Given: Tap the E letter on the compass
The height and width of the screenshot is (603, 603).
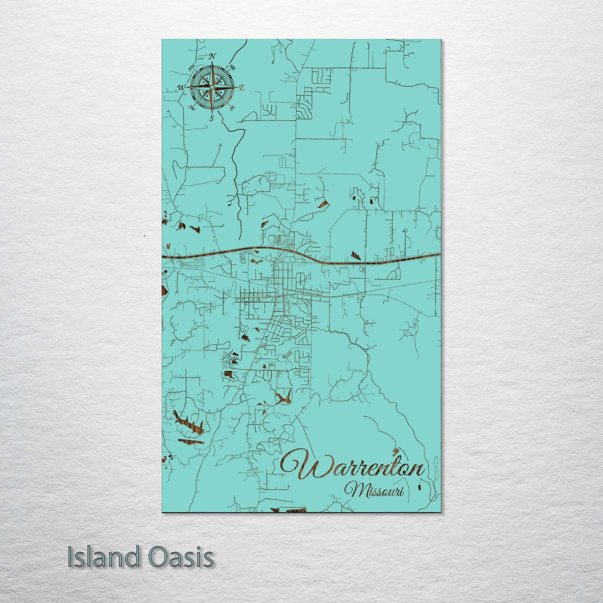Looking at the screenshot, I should click(241, 88).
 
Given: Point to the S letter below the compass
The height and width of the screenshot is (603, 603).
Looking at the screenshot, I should click(212, 118).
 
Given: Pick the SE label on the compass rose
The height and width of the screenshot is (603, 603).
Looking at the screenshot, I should click(232, 107).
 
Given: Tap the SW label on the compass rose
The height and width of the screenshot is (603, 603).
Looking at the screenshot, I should click(192, 107).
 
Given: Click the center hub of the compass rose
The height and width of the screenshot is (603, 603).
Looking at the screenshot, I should click(212, 87).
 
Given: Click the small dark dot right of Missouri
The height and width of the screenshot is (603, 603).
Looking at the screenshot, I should click(419, 487).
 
